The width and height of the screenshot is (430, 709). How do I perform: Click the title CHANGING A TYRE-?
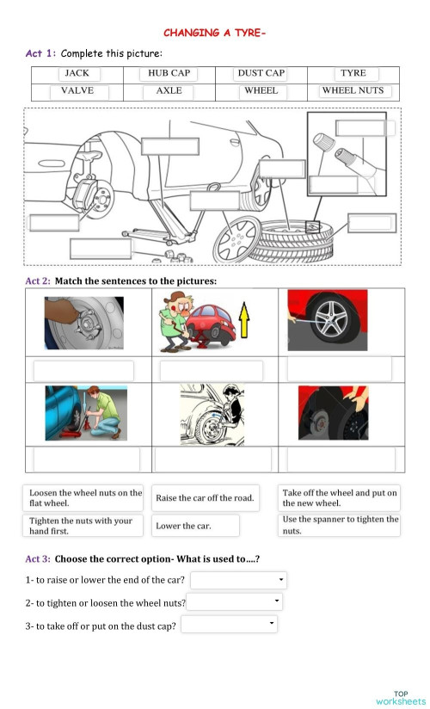click(x=215, y=33)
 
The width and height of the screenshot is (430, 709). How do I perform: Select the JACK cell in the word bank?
click(x=77, y=74)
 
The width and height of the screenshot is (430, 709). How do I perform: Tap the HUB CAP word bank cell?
click(x=169, y=74)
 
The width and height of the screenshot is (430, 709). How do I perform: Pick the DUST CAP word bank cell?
click(x=261, y=74)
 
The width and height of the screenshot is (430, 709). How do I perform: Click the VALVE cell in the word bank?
click(x=77, y=90)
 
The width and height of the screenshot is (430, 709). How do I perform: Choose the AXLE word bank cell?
click(x=169, y=90)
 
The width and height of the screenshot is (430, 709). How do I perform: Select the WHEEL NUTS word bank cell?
click(x=353, y=90)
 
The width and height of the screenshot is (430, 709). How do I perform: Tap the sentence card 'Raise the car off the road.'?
click(x=205, y=498)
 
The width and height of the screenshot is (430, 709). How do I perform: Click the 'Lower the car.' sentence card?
click(x=195, y=525)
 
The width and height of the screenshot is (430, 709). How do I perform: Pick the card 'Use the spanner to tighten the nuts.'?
click(x=340, y=525)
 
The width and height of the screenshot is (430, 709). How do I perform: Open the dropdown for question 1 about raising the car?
click(x=238, y=580)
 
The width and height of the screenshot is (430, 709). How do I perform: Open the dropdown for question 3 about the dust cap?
click(x=230, y=624)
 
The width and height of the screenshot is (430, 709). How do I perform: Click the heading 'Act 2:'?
click(x=38, y=281)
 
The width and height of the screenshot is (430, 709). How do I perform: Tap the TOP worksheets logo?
click(x=400, y=698)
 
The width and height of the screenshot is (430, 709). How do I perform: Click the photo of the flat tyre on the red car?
click(x=328, y=320)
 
